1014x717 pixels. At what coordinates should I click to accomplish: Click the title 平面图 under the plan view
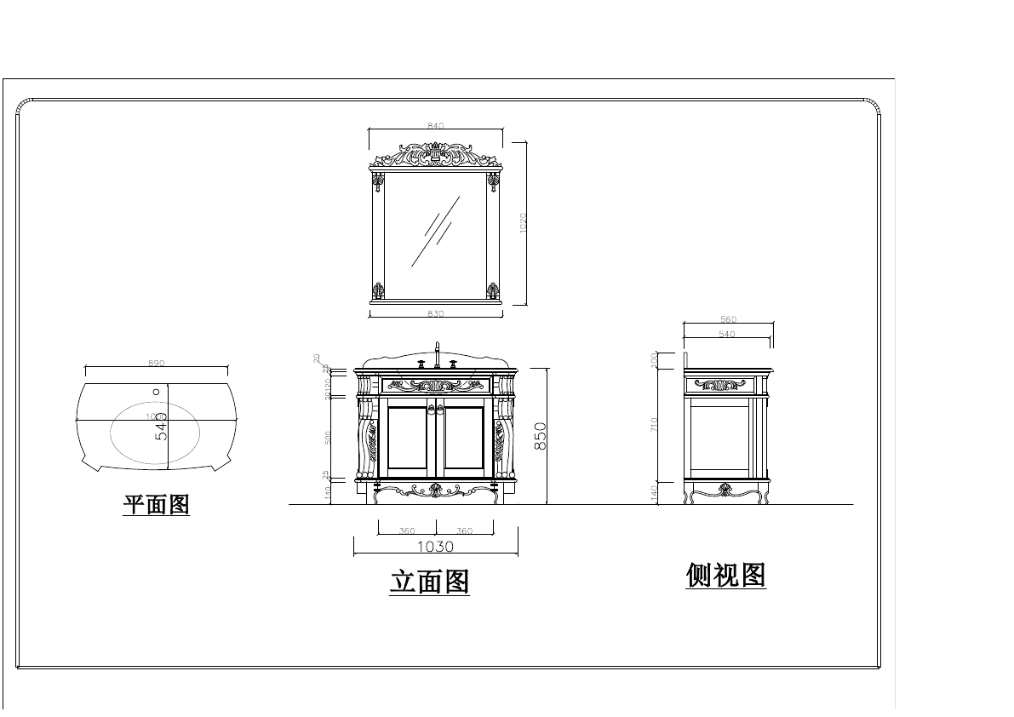click(x=157, y=504)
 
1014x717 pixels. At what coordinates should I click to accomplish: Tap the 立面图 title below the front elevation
click(x=429, y=582)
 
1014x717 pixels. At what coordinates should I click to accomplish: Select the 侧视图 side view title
click(x=725, y=576)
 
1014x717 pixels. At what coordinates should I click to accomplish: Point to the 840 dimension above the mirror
click(x=435, y=126)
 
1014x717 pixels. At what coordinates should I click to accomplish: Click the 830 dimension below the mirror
click(x=435, y=314)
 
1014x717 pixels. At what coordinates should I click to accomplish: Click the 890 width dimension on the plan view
click(x=156, y=364)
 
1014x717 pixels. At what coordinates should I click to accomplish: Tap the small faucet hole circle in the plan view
click(x=156, y=392)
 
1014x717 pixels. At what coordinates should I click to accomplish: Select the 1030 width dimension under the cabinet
click(x=435, y=547)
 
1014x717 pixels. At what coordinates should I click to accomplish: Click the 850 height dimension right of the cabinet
click(x=540, y=435)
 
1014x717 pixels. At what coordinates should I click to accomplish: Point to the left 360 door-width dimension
click(x=407, y=531)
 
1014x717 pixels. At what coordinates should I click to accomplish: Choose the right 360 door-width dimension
click(x=464, y=531)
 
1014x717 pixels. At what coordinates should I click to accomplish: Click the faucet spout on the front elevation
click(x=437, y=352)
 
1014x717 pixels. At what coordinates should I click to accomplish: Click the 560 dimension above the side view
click(x=728, y=320)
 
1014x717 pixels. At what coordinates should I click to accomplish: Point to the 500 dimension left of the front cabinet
click(x=329, y=438)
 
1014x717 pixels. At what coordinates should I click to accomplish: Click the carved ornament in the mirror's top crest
click(x=435, y=155)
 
